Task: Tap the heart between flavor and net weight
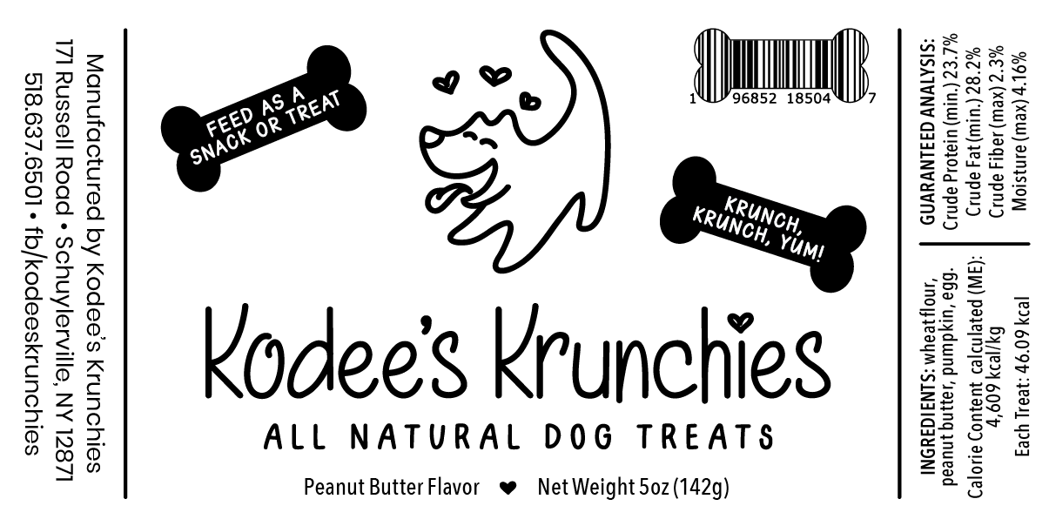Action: coord(510,488)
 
